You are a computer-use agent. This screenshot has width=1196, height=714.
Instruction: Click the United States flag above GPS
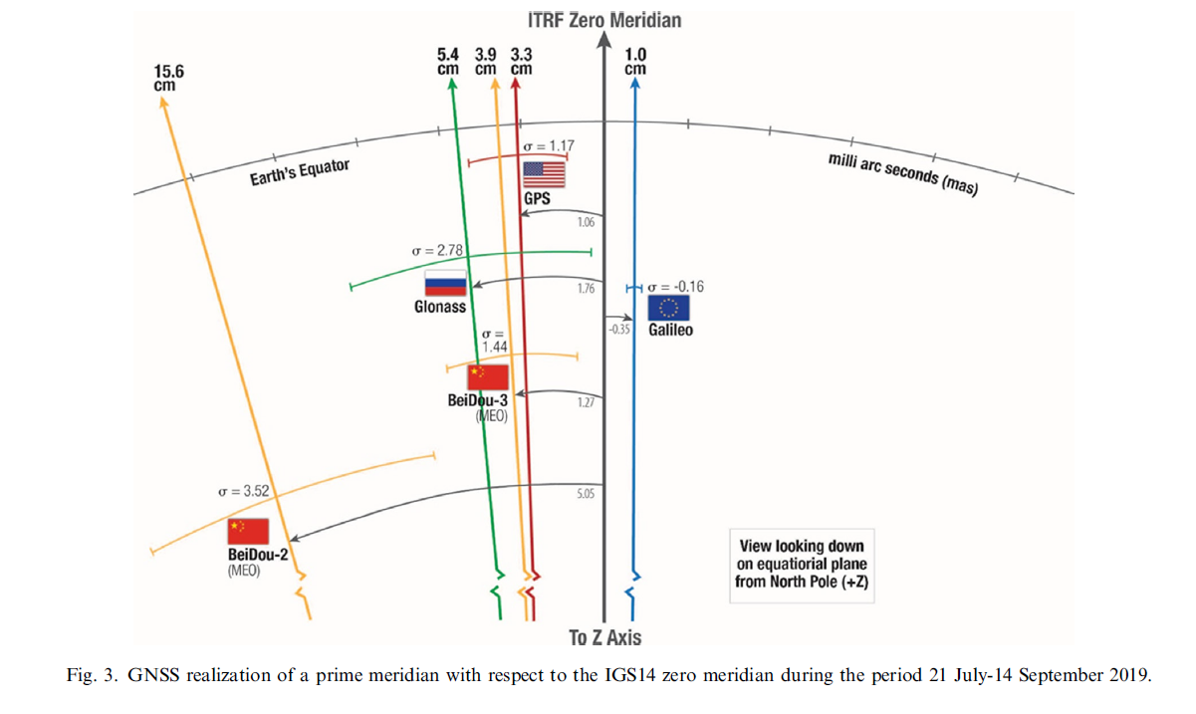(x=544, y=175)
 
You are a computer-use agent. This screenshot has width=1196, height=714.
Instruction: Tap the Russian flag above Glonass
(x=445, y=284)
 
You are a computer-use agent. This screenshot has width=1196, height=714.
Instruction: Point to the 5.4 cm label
(x=448, y=61)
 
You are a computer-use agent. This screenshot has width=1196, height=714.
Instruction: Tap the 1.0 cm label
(x=634, y=61)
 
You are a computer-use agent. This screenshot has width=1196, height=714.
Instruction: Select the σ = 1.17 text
(x=549, y=146)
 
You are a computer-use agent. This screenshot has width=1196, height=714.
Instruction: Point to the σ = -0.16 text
(x=675, y=287)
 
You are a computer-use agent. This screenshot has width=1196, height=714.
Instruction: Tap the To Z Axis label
(x=604, y=637)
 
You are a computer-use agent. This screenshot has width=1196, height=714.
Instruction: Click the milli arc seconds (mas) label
(x=901, y=175)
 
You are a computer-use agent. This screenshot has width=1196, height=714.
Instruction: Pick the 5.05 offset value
(x=586, y=493)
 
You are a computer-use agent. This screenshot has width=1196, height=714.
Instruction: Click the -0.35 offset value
(x=619, y=329)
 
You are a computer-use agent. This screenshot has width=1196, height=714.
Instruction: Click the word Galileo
(x=671, y=330)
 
